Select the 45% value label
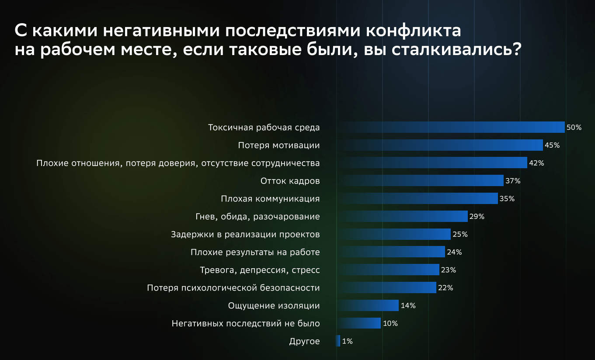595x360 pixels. (x=552, y=145)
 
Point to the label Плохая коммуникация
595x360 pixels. (x=270, y=199)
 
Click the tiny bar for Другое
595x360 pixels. (x=338, y=341)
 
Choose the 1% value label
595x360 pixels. (x=347, y=342)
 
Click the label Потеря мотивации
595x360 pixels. (x=278, y=145)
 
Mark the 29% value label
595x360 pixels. (x=477, y=217)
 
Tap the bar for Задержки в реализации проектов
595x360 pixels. (x=396, y=235)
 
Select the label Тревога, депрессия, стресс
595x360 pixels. (x=260, y=270)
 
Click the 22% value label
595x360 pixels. (x=445, y=288)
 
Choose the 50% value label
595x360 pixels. (x=574, y=128)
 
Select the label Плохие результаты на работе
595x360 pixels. (x=255, y=252)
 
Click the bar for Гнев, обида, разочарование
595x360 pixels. (x=404, y=217)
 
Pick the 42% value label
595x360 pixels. (x=536, y=163)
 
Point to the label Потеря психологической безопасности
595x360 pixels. (x=233, y=288)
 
